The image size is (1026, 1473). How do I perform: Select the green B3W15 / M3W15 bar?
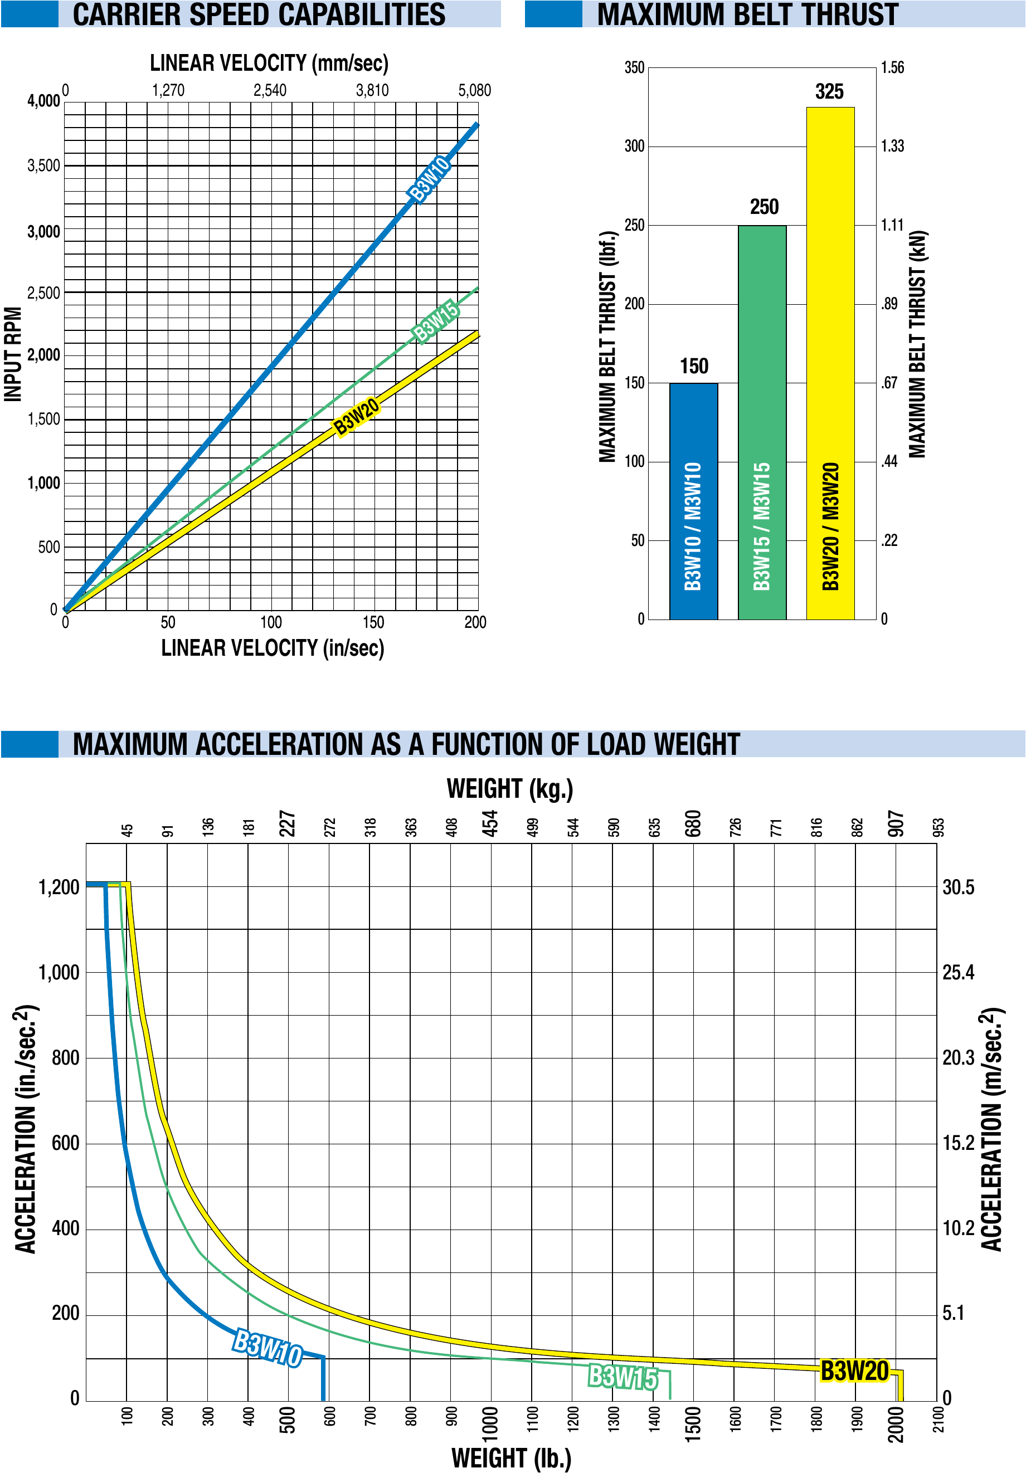click(762, 423)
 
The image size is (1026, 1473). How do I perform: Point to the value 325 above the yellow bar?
click(829, 92)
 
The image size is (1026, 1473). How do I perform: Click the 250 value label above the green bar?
click(764, 207)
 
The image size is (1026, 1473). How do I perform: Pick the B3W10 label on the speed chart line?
click(429, 179)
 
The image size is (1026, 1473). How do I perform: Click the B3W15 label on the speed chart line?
click(436, 321)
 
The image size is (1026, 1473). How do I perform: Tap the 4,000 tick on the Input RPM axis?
click(43, 101)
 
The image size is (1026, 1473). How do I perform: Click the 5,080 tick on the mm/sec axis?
click(474, 90)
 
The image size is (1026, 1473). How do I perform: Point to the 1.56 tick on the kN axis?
click(892, 67)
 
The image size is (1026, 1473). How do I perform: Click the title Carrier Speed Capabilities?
click(259, 14)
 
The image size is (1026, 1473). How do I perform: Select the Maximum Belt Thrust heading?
click(747, 14)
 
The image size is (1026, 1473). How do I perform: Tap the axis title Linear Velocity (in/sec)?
click(273, 648)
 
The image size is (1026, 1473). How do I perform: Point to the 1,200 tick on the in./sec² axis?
click(59, 887)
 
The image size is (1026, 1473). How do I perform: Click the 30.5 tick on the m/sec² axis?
click(957, 887)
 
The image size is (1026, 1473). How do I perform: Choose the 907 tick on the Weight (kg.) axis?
click(896, 824)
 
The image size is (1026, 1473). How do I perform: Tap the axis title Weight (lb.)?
click(512, 1457)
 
